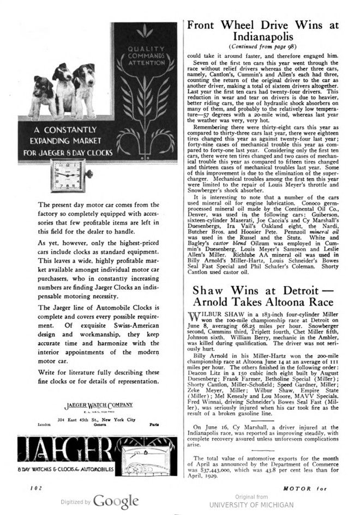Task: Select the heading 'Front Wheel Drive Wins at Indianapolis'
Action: [x=263, y=31]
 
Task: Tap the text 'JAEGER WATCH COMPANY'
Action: [x=99, y=405]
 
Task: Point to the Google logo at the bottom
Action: [x=116, y=501]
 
